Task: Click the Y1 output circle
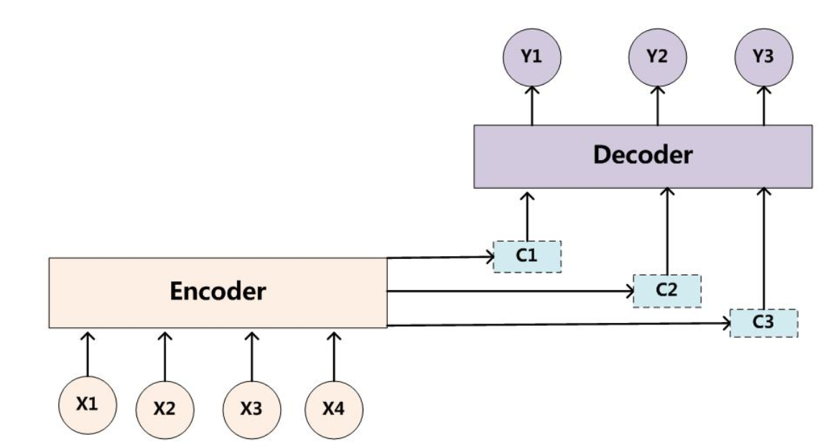(x=531, y=57)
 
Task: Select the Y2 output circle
(x=657, y=57)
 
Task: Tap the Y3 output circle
(x=763, y=57)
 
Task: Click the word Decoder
(x=643, y=154)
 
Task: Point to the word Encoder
(x=217, y=291)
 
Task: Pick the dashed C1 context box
(x=527, y=256)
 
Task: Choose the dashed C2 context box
(x=666, y=290)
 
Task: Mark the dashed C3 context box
(x=763, y=323)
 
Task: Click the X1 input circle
(x=87, y=403)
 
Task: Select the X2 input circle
(x=164, y=408)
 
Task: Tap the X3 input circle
(x=251, y=408)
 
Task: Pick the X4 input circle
(x=333, y=408)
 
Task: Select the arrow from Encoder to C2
(x=510, y=291)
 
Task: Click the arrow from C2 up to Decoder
(x=667, y=230)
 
